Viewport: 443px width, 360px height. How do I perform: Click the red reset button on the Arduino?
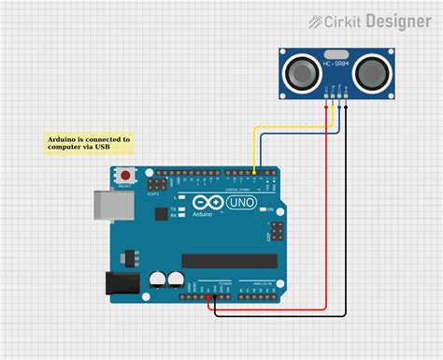pyautogui.click(x=125, y=175)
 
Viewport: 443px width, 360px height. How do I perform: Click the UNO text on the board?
pyautogui.click(x=238, y=203)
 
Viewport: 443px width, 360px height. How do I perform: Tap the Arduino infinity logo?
pyautogui.click(x=207, y=202)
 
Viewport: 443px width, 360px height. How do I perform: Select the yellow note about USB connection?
pyautogui.click(x=89, y=143)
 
